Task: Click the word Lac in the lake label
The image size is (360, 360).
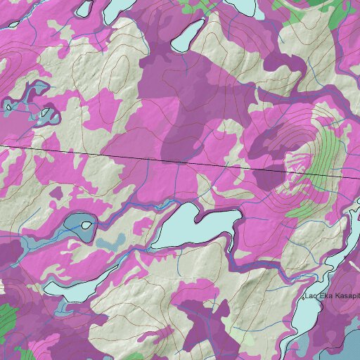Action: (x=313, y=296)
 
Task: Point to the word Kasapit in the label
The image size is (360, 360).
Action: (x=347, y=296)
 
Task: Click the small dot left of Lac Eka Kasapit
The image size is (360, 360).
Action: (x=304, y=298)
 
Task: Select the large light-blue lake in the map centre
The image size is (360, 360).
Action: (x=191, y=227)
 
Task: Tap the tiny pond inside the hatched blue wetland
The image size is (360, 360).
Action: (x=86, y=226)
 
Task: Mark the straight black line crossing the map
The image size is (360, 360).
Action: (x=141, y=157)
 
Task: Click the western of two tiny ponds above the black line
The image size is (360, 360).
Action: (x=8, y=107)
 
